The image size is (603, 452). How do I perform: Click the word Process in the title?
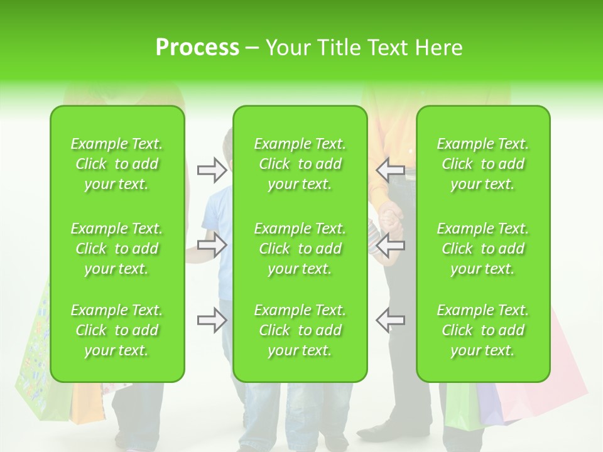(197, 48)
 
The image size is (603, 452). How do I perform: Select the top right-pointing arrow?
(212, 169)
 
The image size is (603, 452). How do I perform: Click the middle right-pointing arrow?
(212, 245)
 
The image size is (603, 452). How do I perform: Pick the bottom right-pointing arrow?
(212, 320)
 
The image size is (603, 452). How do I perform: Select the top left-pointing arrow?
(390, 169)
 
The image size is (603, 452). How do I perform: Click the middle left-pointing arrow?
(390, 245)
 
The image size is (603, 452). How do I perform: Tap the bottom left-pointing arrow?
(390, 320)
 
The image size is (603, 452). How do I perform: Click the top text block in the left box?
(117, 164)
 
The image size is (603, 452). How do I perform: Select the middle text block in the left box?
(117, 249)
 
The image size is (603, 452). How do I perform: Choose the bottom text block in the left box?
(117, 330)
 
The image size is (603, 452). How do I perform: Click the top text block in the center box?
(300, 164)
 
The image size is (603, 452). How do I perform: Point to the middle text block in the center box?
(300, 249)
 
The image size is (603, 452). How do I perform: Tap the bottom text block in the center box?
(300, 330)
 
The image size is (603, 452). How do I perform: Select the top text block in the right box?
(483, 164)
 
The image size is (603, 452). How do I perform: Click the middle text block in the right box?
(483, 249)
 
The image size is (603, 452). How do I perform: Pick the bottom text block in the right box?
(483, 330)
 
